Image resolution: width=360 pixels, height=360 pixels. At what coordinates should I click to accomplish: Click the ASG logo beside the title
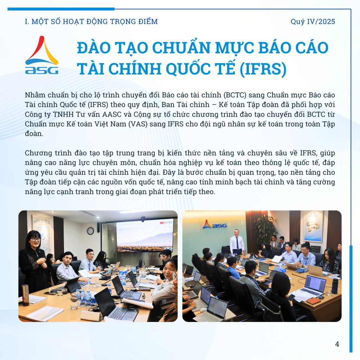coord(41,55)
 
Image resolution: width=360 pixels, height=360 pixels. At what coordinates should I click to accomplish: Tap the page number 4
coord(337,344)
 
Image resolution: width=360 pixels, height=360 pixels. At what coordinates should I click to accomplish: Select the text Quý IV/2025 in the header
coord(313,21)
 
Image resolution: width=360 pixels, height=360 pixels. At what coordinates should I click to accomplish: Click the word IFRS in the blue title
coord(263,69)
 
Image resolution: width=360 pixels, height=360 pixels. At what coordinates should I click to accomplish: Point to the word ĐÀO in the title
coord(94,47)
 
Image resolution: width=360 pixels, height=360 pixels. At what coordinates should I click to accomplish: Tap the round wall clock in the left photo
coord(90,231)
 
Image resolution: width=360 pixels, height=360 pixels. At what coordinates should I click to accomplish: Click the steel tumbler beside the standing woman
coord(25,295)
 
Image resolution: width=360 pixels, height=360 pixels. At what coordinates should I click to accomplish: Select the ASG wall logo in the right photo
coord(215,225)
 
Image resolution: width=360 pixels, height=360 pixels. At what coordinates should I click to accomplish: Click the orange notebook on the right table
coord(314,301)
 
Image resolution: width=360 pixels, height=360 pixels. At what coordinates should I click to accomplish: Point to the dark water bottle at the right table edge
coord(335,286)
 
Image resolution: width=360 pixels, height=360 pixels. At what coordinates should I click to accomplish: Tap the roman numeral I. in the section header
coord(27,21)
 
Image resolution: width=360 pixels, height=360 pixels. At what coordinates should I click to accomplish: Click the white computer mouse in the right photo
coord(203,310)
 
